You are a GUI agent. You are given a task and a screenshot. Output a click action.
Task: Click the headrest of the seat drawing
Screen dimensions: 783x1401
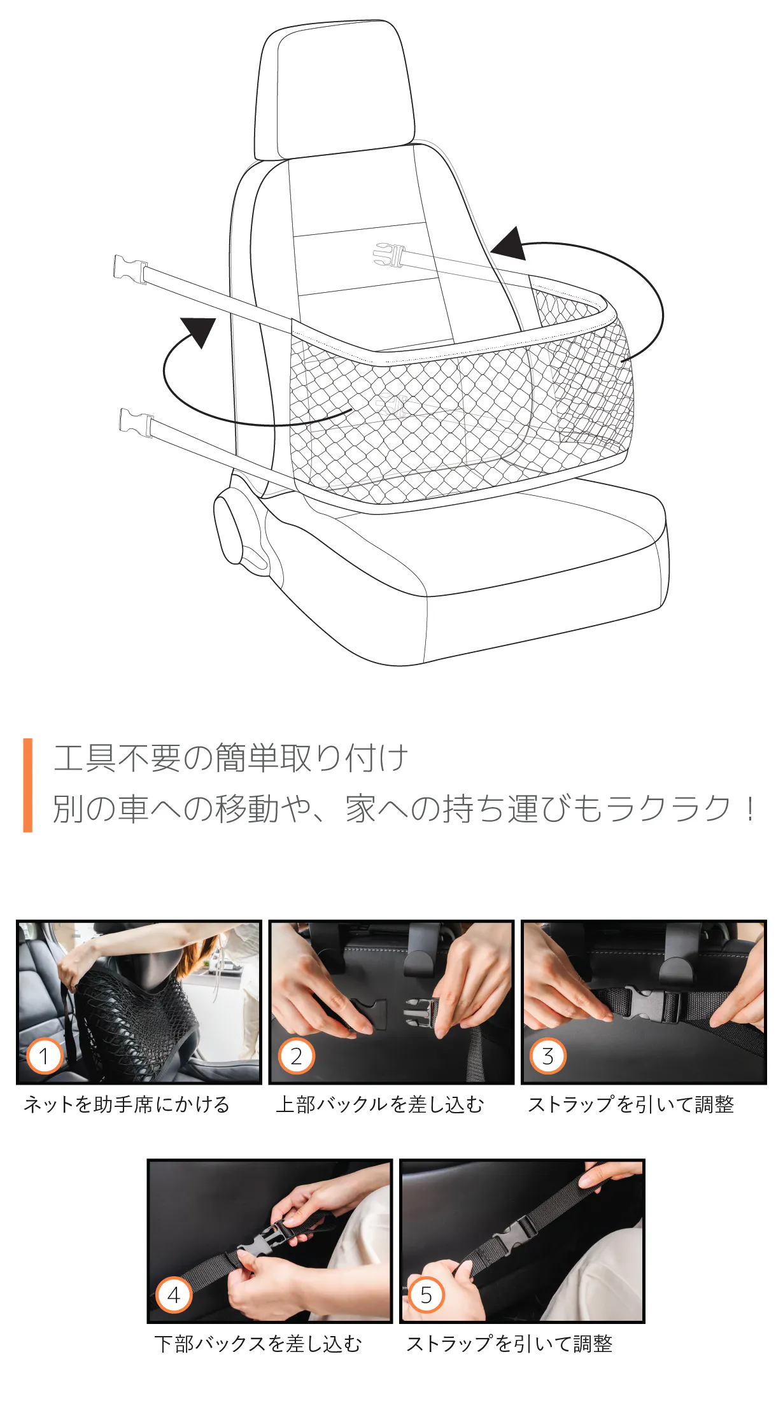coord(334,89)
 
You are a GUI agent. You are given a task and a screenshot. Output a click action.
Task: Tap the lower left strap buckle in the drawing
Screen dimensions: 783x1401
coord(136,423)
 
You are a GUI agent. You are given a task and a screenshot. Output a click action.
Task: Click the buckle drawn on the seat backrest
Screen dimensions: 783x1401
coord(389,255)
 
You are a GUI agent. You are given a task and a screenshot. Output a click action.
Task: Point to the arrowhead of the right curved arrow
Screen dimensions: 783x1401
coord(510,244)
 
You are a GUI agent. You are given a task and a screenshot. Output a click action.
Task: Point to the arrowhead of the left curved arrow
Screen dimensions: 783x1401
coord(199,331)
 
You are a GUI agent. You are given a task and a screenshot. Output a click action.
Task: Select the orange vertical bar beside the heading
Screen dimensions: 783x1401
coord(27,785)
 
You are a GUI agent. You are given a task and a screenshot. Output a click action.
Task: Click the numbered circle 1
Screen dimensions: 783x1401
coord(44,1056)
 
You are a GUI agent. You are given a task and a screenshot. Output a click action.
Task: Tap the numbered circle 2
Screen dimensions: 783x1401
coord(297,1056)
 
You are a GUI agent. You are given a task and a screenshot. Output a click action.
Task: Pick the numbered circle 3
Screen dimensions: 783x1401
coord(548,1056)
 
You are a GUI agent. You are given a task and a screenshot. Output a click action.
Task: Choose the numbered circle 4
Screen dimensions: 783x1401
coord(174,1295)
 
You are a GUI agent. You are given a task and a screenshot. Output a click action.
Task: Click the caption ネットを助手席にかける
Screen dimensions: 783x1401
coord(127,1104)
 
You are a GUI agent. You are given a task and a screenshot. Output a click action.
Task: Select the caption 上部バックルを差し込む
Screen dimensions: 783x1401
coord(380,1104)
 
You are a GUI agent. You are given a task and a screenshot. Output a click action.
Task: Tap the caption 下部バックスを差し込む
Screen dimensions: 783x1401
coord(258,1344)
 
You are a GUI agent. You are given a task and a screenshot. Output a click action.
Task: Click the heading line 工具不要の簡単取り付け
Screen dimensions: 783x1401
coord(230,757)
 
